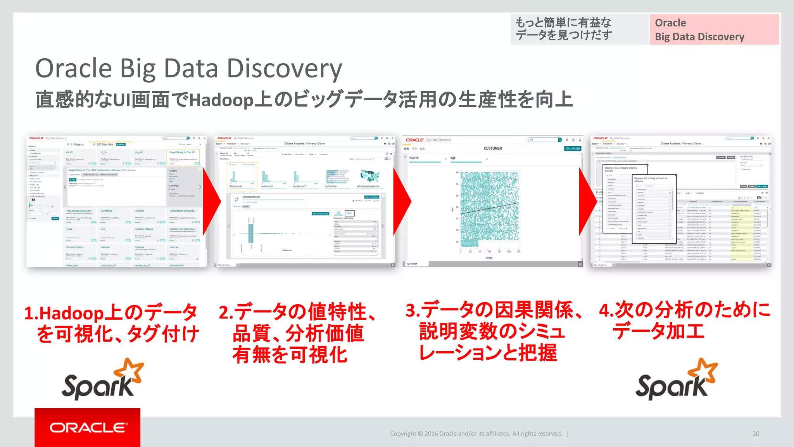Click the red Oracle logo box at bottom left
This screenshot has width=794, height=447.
[87, 427]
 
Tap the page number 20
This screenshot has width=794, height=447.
[756, 433]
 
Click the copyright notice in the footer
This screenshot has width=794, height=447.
[476, 433]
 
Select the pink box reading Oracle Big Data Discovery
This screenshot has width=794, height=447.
[714, 29]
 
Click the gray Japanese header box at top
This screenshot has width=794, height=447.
[580, 29]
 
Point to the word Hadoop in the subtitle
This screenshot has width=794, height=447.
[221, 100]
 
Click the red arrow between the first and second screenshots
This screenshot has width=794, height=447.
[211, 201]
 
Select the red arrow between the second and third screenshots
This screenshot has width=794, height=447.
[402, 201]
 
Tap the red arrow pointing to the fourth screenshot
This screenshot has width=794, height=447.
[587, 201]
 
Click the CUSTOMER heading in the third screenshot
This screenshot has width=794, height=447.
[492, 148]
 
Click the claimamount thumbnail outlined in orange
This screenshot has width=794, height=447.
[242, 177]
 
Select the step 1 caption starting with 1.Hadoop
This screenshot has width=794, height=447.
[111, 323]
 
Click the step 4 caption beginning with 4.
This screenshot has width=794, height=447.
[684, 321]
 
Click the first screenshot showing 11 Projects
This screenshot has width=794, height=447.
[116, 201]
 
